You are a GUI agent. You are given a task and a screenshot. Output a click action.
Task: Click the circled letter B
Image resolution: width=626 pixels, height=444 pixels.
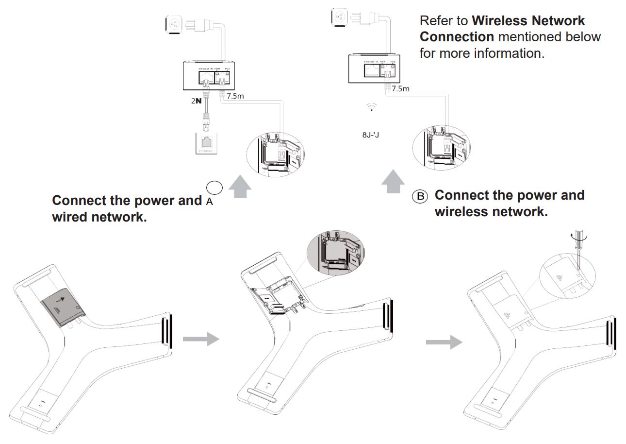pyautogui.click(x=420, y=196)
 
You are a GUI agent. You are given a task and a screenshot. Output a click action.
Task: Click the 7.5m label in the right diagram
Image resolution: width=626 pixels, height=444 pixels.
pyautogui.click(x=400, y=88)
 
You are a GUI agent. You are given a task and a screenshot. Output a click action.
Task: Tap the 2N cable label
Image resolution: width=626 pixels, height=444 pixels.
pyautogui.click(x=197, y=101)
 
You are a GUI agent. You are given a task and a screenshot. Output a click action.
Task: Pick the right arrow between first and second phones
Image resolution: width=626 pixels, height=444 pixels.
pyautogui.click(x=201, y=339)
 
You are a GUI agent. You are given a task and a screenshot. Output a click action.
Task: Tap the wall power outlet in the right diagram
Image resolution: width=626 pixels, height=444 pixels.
pyautogui.click(x=338, y=17)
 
